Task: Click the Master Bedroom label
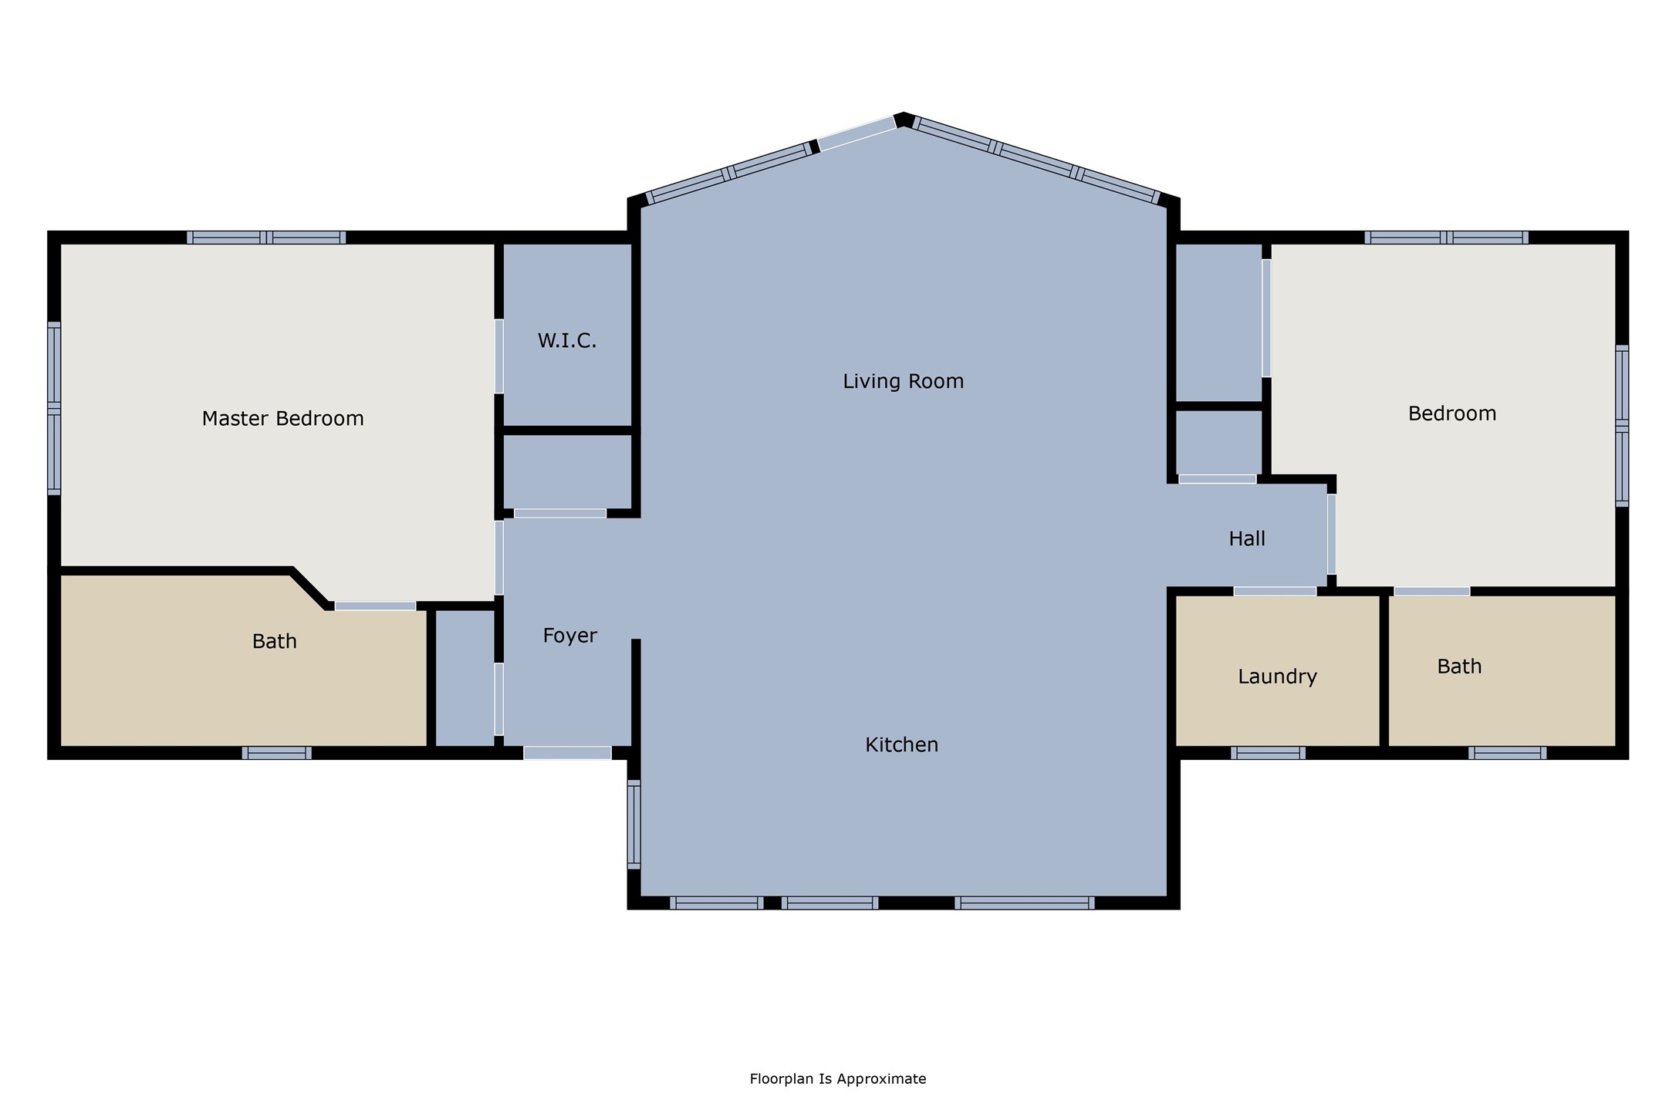point(282,419)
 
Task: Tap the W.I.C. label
point(567,341)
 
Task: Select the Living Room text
point(903,381)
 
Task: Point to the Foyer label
point(569,636)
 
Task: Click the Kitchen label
point(901,744)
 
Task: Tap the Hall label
point(1247,538)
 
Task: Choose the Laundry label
point(1277,677)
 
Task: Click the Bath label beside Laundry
point(1459,666)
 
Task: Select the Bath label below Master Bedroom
point(275,641)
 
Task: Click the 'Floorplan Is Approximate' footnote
point(837,1079)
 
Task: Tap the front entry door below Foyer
point(567,753)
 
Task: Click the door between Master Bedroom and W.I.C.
point(499,356)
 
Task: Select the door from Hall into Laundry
point(1275,592)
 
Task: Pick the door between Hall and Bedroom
point(1331,534)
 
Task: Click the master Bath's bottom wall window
point(276,753)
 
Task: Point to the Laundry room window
point(1268,753)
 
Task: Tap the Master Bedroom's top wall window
point(266,238)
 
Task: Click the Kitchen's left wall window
point(634,825)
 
